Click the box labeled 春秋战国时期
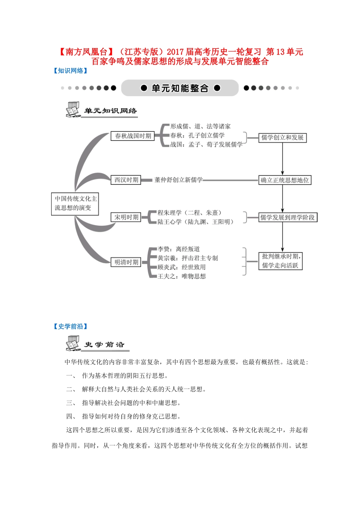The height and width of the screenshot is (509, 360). click(133, 136)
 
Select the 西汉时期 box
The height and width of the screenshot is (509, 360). click(126, 180)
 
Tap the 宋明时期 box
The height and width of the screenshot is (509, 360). click(126, 217)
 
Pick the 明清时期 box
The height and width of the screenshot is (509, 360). click(126, 262)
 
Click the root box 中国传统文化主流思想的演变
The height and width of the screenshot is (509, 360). click(75, 203)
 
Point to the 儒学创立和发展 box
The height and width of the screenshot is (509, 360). click(282, 137)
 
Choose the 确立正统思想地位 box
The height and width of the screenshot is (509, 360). click(285, 180)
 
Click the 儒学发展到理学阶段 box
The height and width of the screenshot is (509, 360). click(287, 217)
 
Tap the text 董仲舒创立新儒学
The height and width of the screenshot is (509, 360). click(178, 180)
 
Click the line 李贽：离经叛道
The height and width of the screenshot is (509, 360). click(178, 249)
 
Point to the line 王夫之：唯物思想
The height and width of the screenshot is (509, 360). click(182, 276)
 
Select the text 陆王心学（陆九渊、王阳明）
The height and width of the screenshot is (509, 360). click(196, 222)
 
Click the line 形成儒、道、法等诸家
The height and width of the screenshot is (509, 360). click(200, 126)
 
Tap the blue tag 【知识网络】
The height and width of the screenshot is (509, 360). click(70, 71)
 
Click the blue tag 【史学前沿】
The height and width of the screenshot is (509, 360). click(70, 326)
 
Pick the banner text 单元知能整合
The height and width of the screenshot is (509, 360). click(180, 88)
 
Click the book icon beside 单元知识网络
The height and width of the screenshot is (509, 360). click(72, 109)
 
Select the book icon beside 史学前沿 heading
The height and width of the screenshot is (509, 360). click(72, 343)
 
